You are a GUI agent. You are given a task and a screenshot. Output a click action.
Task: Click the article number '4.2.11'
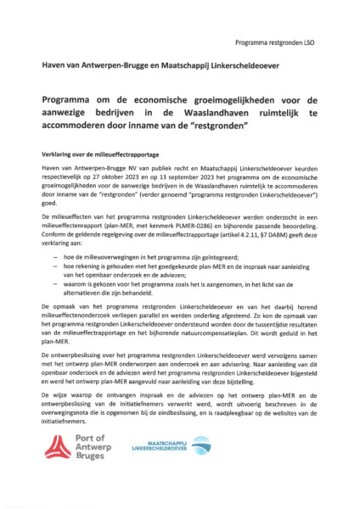[x=245, y=235]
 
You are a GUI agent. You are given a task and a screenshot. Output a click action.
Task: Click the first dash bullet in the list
[x=56, y=255]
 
